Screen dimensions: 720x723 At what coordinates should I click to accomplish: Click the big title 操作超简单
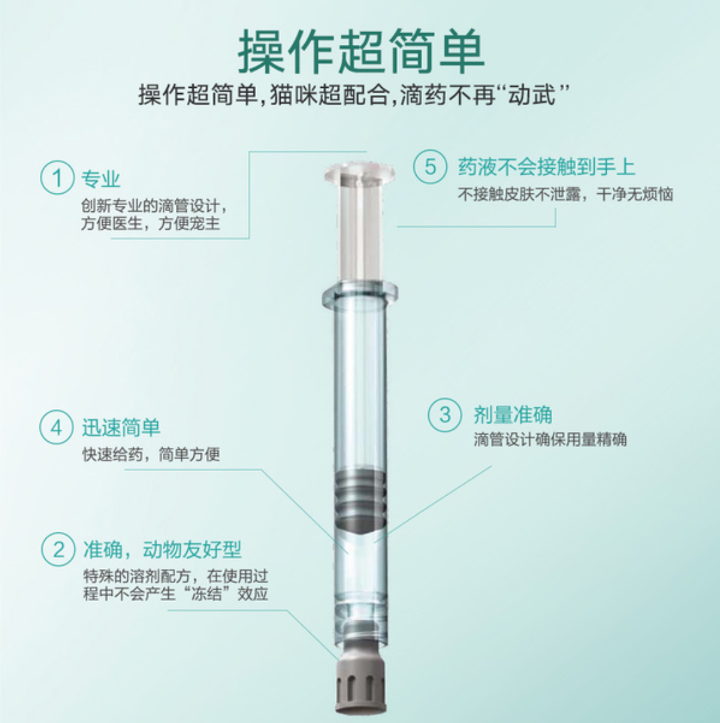click(x=361, y=51)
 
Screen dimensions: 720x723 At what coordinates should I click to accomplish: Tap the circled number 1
click(x=57, y=177)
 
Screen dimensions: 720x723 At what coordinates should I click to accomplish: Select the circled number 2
click(x=59, y=549)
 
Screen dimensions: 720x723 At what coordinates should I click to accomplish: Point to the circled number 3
click(x=445, y=414)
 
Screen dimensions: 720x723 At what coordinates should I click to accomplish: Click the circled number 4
click(x=56, y=427)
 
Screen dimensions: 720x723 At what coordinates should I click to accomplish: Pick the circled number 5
click(x=431, y=167)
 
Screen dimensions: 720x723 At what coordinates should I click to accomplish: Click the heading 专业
click(x=101, y=179)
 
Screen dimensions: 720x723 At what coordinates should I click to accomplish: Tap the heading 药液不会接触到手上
click(x=547, y=167)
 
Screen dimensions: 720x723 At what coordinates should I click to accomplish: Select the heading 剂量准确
click(x=513, y=414)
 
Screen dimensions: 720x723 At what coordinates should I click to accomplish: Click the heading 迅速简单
click(x=121, y=427)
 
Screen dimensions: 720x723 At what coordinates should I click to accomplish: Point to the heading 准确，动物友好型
click(x=163, y=549)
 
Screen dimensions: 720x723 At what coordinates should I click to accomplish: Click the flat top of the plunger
click(x=359, y=172)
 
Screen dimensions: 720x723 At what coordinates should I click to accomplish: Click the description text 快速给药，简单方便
click(x=151, y=454)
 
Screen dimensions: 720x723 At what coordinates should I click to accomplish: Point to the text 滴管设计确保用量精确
click(x=550, y=439)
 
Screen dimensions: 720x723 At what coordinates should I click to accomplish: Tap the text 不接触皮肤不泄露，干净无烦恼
click(x=565, y=194)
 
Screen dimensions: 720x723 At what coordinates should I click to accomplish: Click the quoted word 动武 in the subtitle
click(x=532, y=95)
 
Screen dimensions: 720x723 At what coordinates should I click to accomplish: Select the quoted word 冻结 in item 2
click(x=207, y=594)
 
